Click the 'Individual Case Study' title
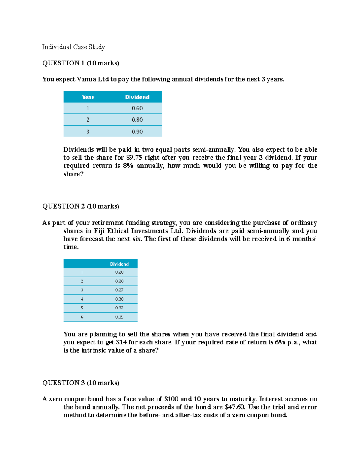[x=73, y=47]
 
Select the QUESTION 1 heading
[x=81, y=63]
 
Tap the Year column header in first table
[x=88, y=97]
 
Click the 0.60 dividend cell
[x=137, y=108]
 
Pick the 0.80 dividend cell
[x=137, y=119]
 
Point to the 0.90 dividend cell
[x=137, y=131]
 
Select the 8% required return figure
[x=128, y=166]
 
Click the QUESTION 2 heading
[x=81, y=206]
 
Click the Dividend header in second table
[x=119, y=264]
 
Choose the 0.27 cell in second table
[x=119, y=290]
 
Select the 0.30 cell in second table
[x=119, y=299]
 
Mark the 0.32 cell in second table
[x=119, y=308]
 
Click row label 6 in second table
[x=82, y=317]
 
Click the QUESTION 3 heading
[x=81, y=383]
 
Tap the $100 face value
[x=171, y=399]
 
